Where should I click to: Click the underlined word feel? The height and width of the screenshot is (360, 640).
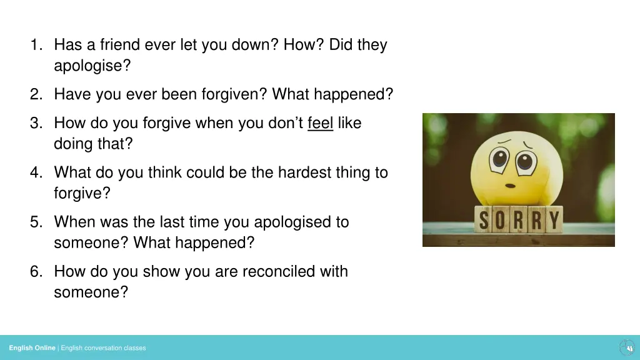pyautogui.click(x=320, y=123)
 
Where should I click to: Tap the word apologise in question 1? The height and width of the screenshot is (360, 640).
pyautogui.click(x=92, y=66)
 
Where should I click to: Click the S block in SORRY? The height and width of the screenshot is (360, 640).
pyautogui.click(x=485, y=219)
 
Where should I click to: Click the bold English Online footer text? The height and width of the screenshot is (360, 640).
pyautogui.click(x=32, y=348)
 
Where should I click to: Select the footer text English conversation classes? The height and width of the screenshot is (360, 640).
pyautogui.click(x=103, y=348)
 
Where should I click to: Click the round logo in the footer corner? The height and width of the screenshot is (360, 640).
pyautogui.click(x=626, y=347)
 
